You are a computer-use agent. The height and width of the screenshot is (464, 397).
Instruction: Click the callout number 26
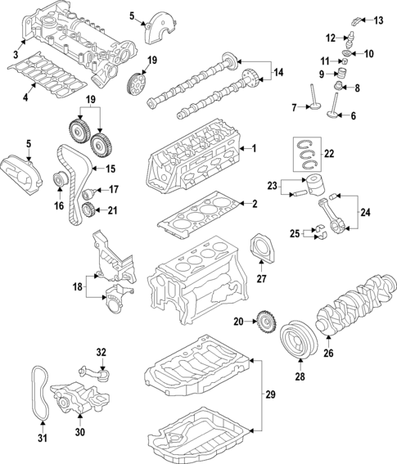click(x=328, y=354)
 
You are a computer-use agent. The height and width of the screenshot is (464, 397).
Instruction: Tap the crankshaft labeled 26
click(x=356, y=308)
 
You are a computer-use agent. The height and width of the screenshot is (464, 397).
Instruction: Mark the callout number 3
click(x=16, y=54)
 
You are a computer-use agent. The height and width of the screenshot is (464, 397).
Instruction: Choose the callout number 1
click(x=255, y=148)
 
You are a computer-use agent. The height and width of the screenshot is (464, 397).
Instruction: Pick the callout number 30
click(x=80, y=432)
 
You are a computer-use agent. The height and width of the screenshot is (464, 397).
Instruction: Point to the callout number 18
click(x=76, y=288)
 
